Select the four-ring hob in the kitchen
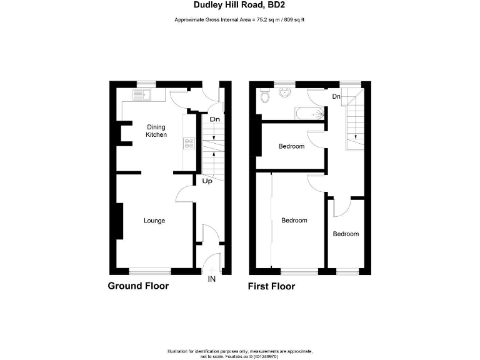188,144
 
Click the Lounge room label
154,220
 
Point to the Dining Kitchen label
156,131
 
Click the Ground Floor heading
138,286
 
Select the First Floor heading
271,286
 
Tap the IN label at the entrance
211,279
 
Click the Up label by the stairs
207,181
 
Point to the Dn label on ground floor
214,119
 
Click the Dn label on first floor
336,96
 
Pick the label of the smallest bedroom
346,234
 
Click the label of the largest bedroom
294,220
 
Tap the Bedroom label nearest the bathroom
291,146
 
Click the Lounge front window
150,271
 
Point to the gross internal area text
240,20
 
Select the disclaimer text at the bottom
240,352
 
